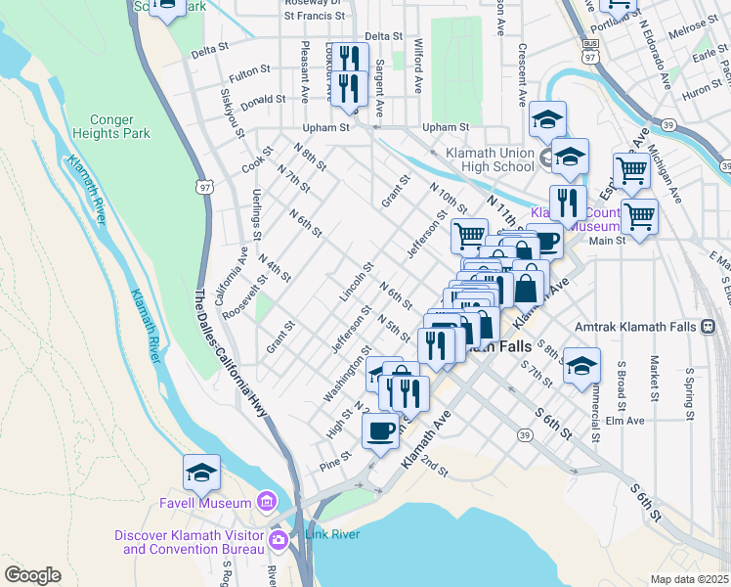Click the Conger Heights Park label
(125, 127)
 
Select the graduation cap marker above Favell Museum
(201, 474)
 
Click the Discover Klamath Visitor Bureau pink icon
(279, 539)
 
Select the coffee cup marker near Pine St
(380, 429)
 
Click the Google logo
(32, 574)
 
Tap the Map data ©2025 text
(689, 579)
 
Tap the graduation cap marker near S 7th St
(581, 366)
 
